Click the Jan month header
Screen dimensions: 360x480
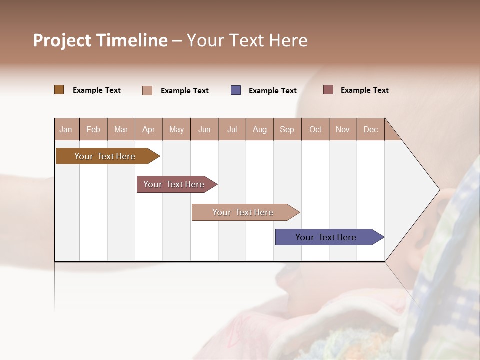point(66,129)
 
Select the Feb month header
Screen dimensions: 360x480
point(93,129)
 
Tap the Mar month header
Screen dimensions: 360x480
point(121,129)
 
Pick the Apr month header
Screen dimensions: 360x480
point(149,129)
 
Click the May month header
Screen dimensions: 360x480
point(176,129)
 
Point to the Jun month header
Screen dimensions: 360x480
point(204,129)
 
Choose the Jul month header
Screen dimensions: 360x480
point(232,129)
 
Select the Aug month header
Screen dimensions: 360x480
point(260,129)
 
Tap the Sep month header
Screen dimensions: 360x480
point(287,129)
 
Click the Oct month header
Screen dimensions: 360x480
point(315,129)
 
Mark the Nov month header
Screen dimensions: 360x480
point(343,129)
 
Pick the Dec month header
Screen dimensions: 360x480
point(371,129)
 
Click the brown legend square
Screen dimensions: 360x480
point(59,90)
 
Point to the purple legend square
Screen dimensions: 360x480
point(236,90)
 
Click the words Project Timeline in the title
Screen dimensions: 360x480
point(100,40)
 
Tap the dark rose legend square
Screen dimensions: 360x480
point(328,90)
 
